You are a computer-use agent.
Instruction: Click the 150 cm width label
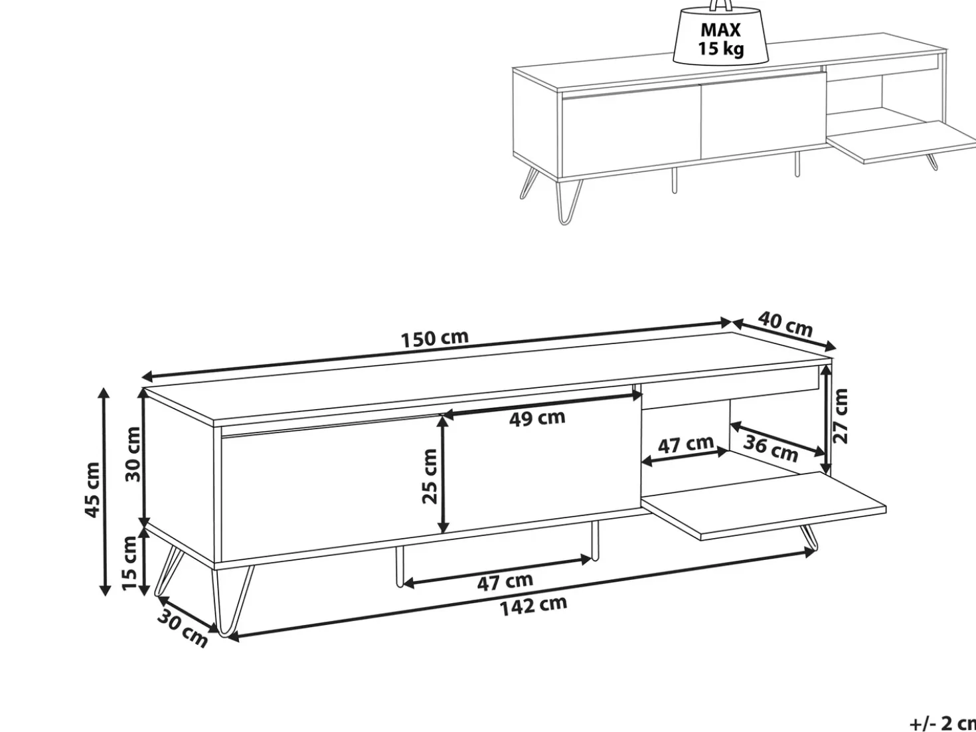435,338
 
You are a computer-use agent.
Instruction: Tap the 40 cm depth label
785,325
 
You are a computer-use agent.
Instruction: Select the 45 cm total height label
92,490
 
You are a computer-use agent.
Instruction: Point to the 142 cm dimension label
534,606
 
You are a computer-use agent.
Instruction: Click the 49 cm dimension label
537,418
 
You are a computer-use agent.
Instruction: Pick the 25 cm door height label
430,476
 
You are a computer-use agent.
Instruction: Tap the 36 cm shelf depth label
770,449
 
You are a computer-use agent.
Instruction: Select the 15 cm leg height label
130,563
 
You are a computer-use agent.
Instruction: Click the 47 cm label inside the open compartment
686,444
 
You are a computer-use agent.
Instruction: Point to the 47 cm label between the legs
505,582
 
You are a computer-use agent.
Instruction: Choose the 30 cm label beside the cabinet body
133,454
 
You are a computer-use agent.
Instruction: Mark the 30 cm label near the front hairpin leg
183,629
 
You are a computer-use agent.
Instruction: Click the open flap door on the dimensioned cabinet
764,505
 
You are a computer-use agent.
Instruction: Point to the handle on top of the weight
721,5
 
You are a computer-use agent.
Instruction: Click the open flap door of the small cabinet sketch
901,141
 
